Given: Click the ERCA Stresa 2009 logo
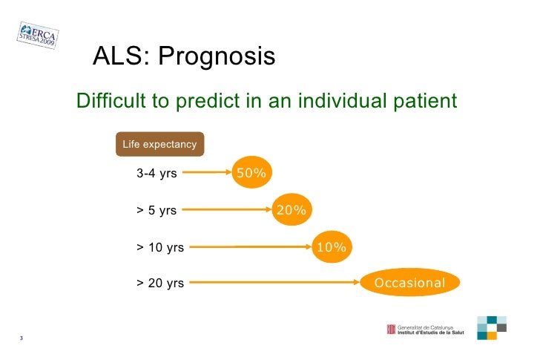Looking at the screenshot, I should tap(38, 33).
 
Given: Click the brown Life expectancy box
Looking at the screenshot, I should tap(159, 144).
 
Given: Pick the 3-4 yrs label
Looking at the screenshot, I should tap(157, 174).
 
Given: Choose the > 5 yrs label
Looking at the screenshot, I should tap(157, 210).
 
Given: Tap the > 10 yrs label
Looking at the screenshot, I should tap(160, 247).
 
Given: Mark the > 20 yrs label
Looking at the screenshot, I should tap(160, 283).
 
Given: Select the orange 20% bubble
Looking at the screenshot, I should tap(291, 210).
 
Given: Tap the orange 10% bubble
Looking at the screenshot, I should tap(331, 247).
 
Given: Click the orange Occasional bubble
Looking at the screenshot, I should tap(410, 283).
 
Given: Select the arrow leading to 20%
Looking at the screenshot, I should tap(226, 210).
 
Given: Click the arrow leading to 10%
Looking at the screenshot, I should tap(248, 247).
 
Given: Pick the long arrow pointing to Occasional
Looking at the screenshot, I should tap(274, 283).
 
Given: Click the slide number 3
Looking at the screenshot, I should tap(22, 339).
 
